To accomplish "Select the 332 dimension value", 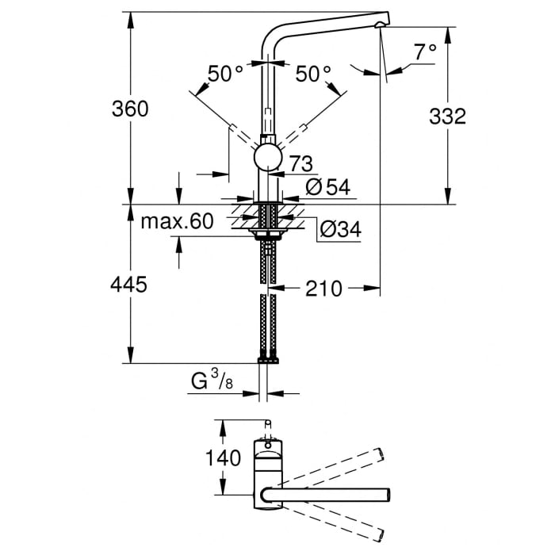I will tap(447, 117).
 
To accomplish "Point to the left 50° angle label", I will tap(225, 74).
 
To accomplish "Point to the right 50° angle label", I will tap(313, 74).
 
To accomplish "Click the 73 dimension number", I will tap(300, 164).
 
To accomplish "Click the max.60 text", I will tap(177, 221).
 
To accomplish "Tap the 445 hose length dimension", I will tap(130, 285).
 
